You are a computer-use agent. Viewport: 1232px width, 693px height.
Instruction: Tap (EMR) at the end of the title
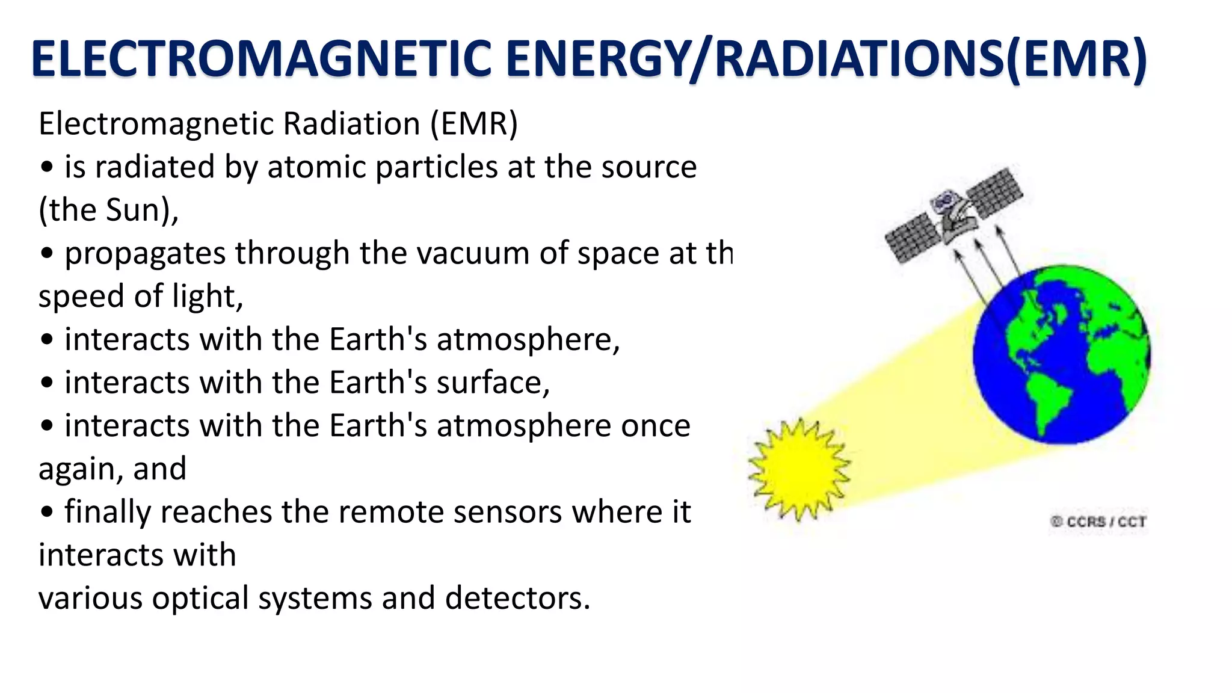(1076, 59)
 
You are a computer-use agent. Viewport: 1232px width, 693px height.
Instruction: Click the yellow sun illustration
(799, 469)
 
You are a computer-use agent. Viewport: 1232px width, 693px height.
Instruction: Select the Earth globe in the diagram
(1062, 355)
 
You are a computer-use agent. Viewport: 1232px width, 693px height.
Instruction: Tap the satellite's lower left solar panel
(913, 238)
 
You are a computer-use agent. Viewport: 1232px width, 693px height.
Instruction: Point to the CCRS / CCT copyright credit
(1098, 522)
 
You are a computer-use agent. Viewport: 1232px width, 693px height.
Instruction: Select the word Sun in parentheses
(132, 211)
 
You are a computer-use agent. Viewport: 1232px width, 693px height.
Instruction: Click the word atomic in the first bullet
(316, 167)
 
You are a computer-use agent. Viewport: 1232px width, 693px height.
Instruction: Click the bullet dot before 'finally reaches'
(47, 513)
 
